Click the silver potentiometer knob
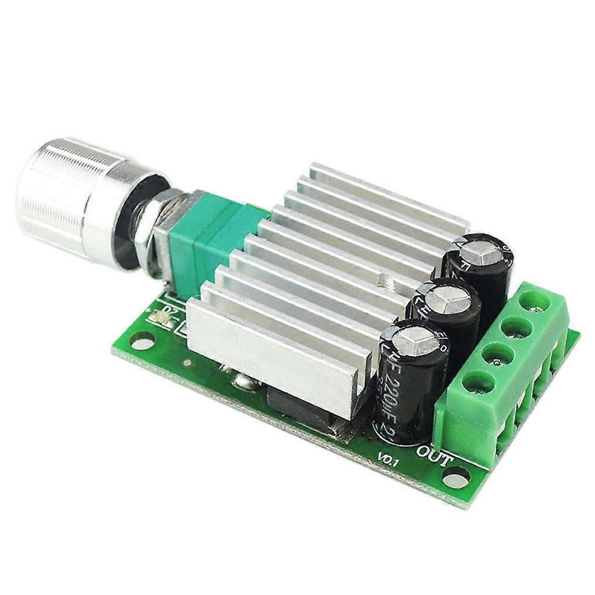(x=70, y=198)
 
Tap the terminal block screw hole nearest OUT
(x=478, y=383)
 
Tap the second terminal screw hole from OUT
(x=497, y=355)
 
